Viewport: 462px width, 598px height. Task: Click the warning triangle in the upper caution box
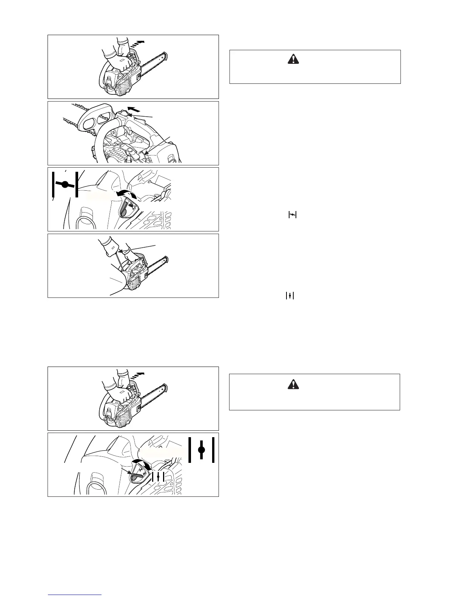click(293, 59)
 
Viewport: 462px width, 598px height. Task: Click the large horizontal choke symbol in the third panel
click(65, 184)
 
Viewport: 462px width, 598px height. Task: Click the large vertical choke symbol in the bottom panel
click(202, 450)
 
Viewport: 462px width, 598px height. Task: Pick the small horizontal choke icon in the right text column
click(293, 215)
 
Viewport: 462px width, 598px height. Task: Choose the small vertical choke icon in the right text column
click(290, 296)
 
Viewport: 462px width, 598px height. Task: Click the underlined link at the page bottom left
click(75, 595)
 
